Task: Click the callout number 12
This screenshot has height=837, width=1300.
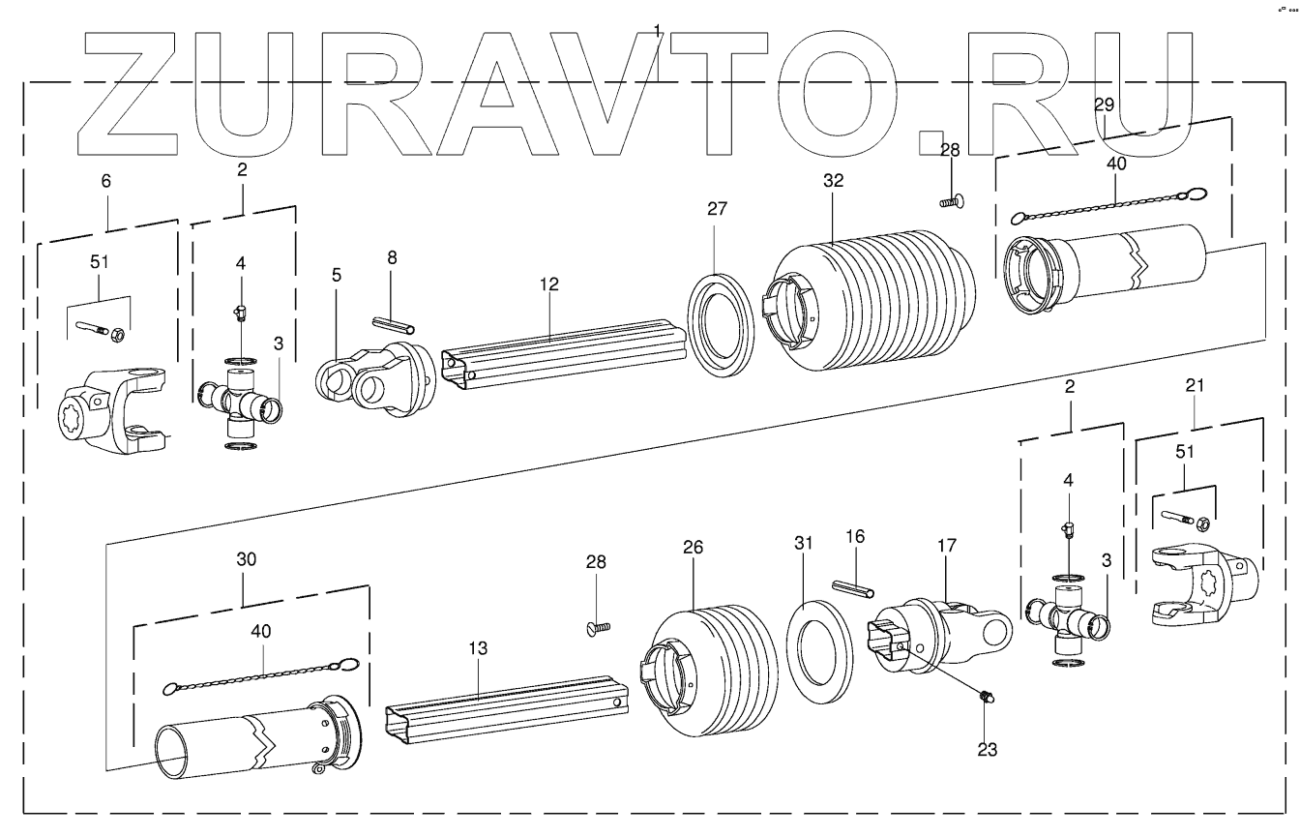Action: click(549, 285)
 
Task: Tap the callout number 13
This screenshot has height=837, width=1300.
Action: click(479, 647)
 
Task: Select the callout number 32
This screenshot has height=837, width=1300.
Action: click(834, 181)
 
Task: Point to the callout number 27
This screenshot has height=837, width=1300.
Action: click(717, 208)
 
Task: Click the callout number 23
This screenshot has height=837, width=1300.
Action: click(988, 748)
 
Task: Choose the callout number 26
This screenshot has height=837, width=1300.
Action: click(692, 547)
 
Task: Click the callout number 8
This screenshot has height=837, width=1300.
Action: click(391, 257)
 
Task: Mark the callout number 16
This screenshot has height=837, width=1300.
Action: click(854, 535)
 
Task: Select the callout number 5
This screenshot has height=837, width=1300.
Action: click(337, 275)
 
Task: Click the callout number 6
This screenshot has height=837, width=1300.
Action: click(106, 181)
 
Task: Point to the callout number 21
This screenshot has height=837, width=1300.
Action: click(1196, 386)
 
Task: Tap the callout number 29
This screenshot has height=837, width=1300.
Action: click(1105, 104)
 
